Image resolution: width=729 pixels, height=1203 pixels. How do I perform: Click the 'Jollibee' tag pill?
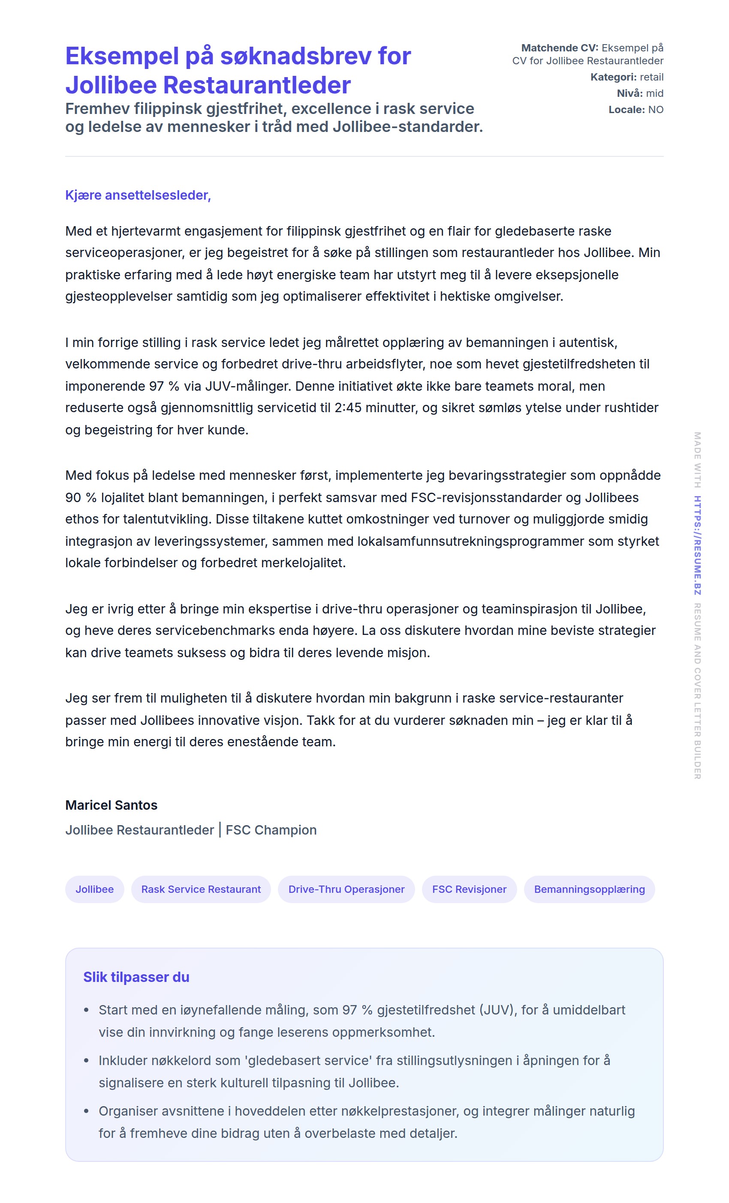tap(94, 889)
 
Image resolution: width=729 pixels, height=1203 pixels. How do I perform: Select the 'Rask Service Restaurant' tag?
tap(201, 889)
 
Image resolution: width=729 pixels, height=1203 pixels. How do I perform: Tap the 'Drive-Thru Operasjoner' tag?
tap(346, 889)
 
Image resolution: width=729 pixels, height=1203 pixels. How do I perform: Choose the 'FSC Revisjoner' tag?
tap(469, 889)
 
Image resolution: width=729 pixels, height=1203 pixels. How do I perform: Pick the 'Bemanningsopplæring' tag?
tap(589, 889)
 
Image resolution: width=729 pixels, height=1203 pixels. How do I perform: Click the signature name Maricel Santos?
tap(111, 805)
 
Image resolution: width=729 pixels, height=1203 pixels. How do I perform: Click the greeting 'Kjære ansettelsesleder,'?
tap(138, 195)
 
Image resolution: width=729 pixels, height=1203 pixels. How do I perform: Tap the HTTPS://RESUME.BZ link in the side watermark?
tap(697, 545)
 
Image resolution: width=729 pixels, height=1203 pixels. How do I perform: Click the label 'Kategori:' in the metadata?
tap(613, 77)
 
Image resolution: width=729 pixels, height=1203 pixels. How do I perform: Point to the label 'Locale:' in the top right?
tap(627, 109)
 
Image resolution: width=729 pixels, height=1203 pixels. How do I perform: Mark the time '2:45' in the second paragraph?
tap(348, 408)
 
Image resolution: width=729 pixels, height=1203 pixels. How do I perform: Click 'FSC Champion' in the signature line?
tap(271, 830)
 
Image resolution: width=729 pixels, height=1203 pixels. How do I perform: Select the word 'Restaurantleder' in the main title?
tap(256, 85)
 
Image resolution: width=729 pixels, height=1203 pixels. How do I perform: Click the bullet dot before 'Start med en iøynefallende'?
tap(87, 1010)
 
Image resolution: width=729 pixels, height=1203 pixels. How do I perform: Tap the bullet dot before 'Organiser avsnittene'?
tap(87, 1111)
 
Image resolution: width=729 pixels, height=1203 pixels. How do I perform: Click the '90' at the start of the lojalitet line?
tap(73, 497)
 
